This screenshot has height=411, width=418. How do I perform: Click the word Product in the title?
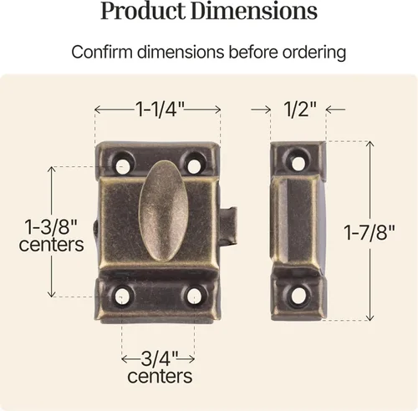click(143, 11)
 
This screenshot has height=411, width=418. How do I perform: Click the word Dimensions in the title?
click(254, 11)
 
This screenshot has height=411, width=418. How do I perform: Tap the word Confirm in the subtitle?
click(102, 52)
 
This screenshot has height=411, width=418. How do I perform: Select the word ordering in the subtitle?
click(314, 53)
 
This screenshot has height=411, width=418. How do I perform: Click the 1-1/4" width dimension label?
click(160, 109)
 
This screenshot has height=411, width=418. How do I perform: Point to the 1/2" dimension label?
click(300, 109)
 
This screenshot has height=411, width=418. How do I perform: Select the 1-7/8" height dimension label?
click(370, 232)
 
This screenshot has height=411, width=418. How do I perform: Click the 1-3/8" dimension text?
click(51, 227)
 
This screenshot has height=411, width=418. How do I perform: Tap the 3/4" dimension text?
click(159, 358)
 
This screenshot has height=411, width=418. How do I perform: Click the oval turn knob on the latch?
click(164, 211)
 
